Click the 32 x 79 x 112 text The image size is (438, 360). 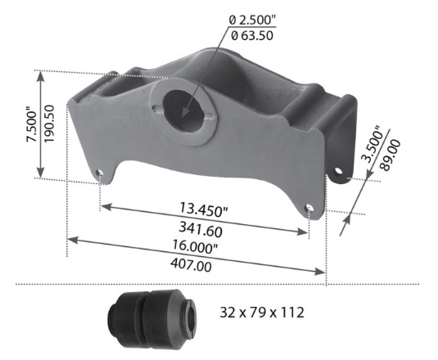263,312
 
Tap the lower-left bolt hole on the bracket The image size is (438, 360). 100,173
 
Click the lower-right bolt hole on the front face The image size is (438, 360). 309,209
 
